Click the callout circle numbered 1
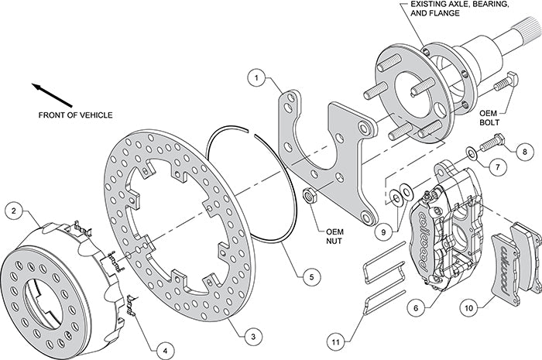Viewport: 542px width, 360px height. [x=257, y=77]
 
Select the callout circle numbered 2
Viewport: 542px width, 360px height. [x=13, y=210]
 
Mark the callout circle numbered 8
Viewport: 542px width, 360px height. [x=523, y=150]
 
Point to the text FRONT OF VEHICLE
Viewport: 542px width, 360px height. [x=75, y=115]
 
